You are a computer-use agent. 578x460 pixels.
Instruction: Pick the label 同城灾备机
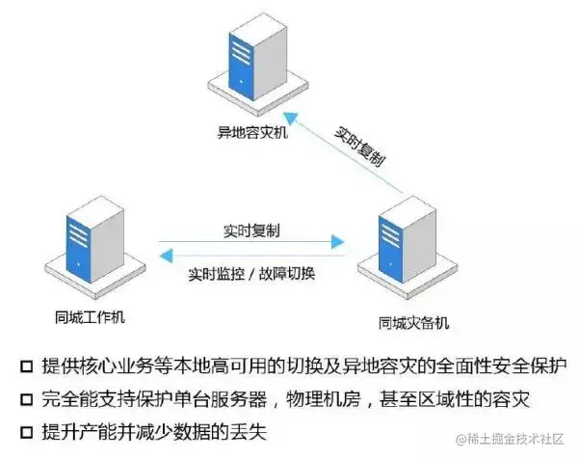[413, 321]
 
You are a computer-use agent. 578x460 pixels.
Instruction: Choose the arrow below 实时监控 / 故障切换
[250, 255]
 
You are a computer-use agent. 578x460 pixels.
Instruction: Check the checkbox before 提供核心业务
[25, 367]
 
